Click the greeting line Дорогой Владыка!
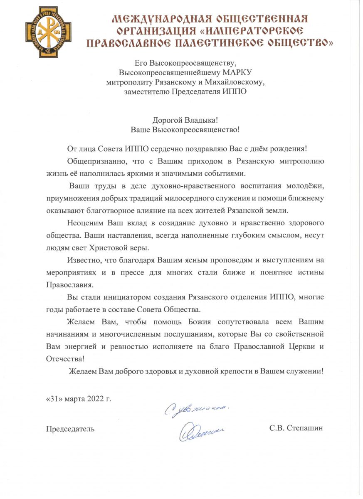coord(185,120)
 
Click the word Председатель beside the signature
coord(70,428)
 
